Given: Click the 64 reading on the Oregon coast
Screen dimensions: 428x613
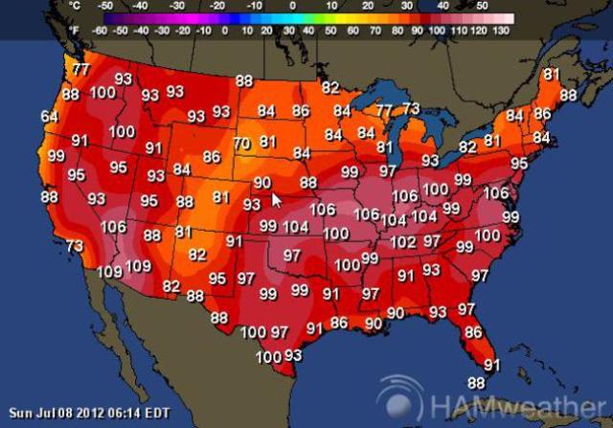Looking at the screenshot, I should point(50,117).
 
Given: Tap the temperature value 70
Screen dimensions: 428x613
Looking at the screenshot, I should point(241,144).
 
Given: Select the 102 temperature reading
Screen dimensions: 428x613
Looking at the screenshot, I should point(403,242).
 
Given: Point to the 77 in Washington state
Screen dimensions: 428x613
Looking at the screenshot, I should point(81,70).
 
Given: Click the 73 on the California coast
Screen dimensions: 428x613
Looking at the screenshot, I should point(75,246).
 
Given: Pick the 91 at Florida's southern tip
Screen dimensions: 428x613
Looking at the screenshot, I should point(492,364).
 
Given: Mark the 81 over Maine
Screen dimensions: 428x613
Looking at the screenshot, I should point(551,75).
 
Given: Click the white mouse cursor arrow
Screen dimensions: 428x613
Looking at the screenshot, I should point(276,200).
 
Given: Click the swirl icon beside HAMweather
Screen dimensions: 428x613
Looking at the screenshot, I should point(399,401).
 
